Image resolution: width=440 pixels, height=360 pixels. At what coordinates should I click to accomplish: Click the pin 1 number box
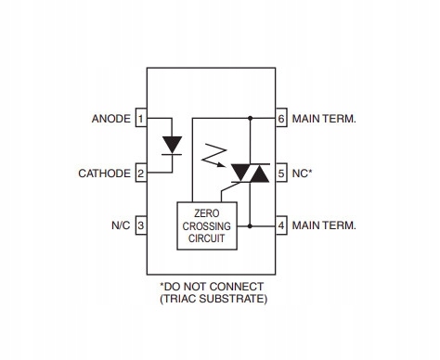pos(141,118)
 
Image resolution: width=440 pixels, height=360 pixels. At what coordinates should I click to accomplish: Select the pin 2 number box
pos(141,173)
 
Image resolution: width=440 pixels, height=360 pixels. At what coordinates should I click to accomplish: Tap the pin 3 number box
pos(141,225)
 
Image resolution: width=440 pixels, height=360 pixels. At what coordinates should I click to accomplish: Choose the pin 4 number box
pos(281,225)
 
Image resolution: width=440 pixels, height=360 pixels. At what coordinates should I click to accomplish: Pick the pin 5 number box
pos(281,173)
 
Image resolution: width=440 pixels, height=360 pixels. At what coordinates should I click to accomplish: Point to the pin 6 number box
pos(281,118)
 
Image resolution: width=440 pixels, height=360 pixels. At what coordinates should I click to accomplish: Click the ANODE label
pos(111,119)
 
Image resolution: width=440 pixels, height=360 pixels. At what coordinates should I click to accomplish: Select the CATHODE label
pos(104,174)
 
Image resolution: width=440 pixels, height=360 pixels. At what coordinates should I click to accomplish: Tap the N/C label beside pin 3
pos(121,225)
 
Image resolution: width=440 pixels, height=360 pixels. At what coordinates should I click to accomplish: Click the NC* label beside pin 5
pos(302,174)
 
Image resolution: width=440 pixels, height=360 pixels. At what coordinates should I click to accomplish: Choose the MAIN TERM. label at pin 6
pos(324,119)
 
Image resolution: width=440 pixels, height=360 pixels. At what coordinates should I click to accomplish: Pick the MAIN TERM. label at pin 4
pos(324,225)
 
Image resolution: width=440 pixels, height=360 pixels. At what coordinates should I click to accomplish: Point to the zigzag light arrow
pos(214,156)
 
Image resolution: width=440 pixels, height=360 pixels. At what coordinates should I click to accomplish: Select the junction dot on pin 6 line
pos(250,118)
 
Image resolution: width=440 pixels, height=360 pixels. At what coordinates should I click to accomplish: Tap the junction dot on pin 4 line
pos(250,226)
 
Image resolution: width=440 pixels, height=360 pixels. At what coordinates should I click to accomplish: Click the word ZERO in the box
pos(207,213)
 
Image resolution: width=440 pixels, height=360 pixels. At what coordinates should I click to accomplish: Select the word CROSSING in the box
pos(207,226)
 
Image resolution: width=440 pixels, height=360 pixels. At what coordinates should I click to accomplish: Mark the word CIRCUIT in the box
pos(207,238)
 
